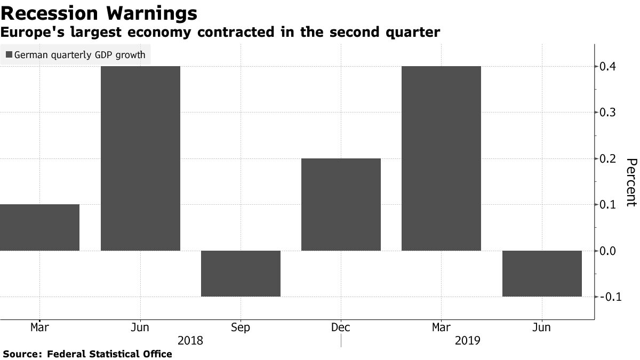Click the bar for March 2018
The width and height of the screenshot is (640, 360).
39,227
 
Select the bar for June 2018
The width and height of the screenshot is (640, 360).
140,158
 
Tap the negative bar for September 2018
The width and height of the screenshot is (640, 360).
241,274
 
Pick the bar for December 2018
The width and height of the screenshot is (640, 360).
341,204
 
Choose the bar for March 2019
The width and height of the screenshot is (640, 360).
441,158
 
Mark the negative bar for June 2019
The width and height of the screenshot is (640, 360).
542,274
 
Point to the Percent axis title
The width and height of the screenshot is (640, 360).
631,182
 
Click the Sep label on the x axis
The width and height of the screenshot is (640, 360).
241,327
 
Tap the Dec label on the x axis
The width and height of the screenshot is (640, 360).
341,327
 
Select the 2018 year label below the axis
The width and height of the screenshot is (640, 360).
190,340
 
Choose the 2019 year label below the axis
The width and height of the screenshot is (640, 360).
467,340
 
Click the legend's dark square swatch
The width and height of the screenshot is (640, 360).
9,54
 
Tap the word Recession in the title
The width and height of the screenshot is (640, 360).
50,13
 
